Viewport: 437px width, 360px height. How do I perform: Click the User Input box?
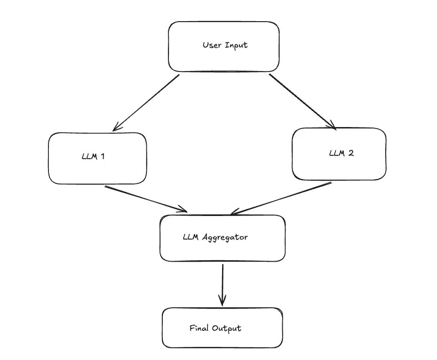224,47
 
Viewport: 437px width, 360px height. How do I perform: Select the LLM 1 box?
97,158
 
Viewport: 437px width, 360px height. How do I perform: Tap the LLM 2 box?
339,154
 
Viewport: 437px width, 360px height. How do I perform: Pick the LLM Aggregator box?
222,238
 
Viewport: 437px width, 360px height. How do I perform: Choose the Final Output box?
222,328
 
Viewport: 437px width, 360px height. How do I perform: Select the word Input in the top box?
236,46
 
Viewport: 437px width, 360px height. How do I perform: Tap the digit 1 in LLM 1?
102,157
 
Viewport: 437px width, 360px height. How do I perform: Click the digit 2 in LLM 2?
351,153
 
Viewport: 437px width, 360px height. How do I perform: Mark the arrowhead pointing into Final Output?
222,300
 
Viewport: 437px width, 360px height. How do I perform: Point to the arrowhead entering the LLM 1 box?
116,128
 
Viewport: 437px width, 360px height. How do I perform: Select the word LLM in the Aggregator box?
191,237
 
